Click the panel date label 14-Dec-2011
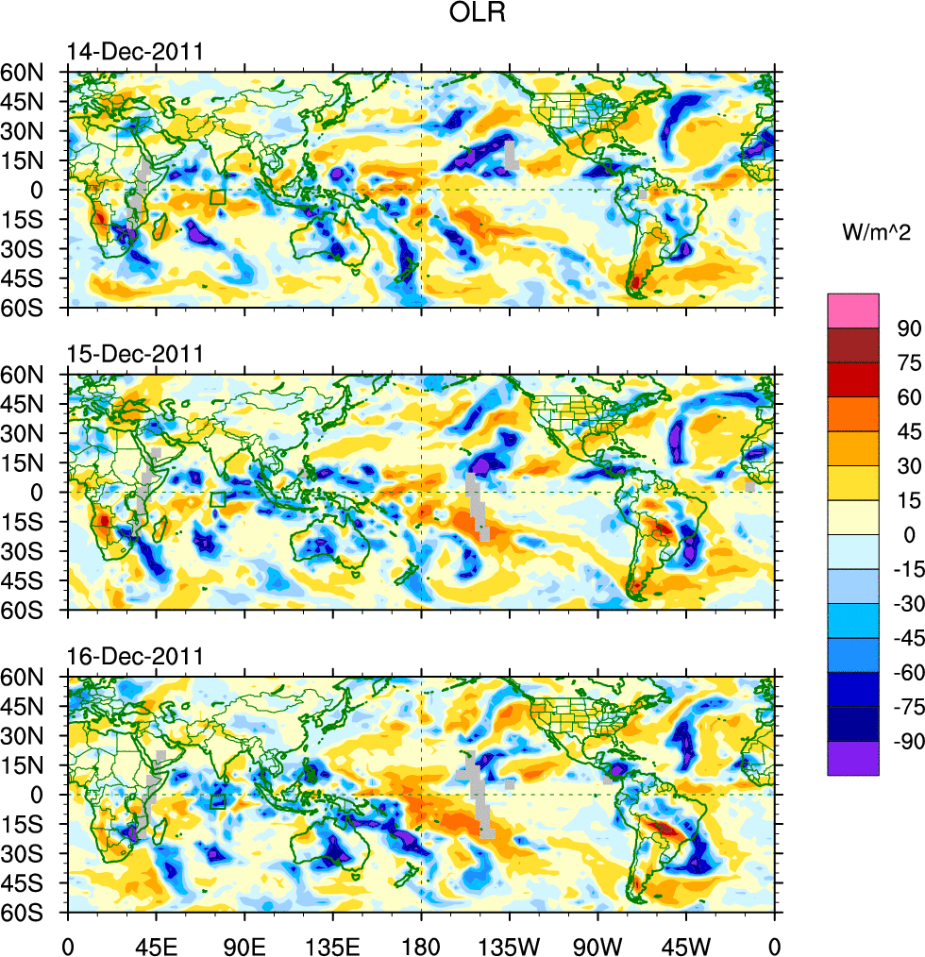(x=134, y=53)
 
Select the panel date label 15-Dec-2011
(x=134, y=355)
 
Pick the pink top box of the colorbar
(x=853, y=310)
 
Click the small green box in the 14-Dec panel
(x=218, y=196)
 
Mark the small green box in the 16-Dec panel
(x=218, y=801)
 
